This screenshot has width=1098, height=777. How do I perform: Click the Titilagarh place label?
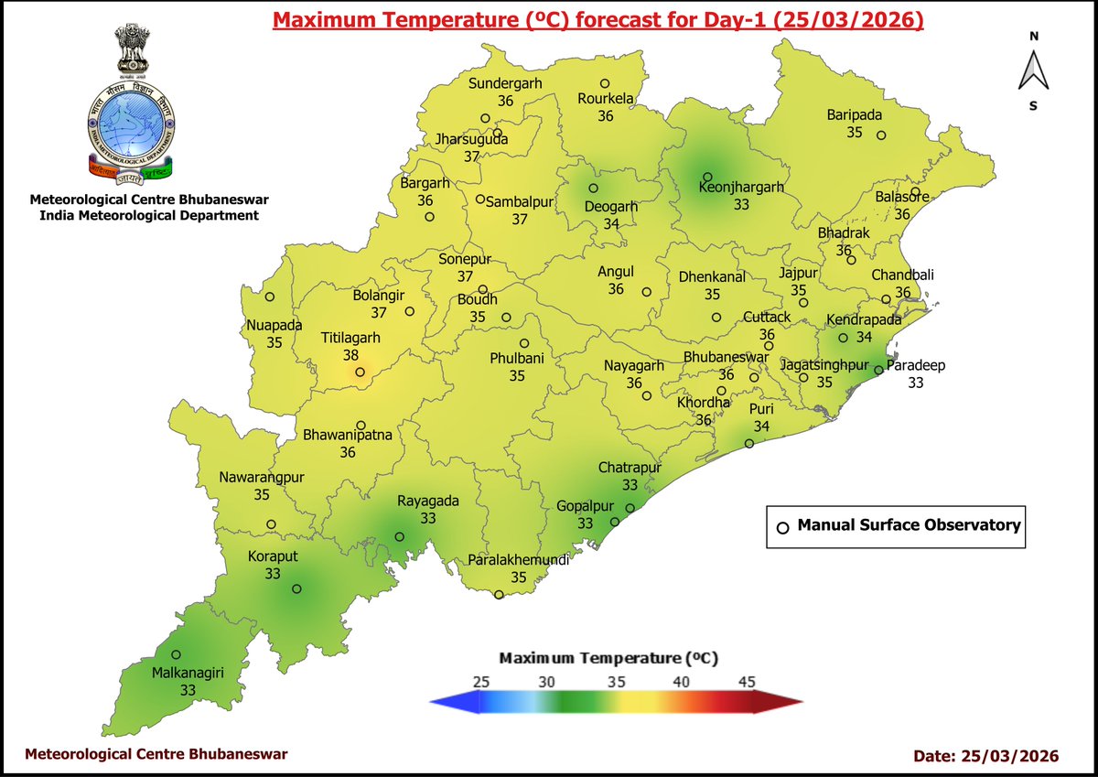click(350, 338)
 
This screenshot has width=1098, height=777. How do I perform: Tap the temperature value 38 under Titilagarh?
click(350, 354)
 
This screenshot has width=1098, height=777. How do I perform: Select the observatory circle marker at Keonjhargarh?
click(707, 177)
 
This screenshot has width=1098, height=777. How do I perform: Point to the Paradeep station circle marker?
click(877, 371)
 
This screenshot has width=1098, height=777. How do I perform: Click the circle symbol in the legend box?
click(782, 528)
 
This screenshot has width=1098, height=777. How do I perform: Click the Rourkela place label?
click(605, 100)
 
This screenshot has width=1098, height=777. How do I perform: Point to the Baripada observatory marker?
click(881, 135)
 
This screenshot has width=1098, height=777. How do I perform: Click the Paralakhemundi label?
click(518, 561)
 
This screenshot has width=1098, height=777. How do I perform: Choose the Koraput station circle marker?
click(296, 588)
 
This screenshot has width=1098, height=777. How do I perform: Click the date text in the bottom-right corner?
click(986, 756)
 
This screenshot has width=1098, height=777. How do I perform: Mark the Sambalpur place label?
click(520, 202)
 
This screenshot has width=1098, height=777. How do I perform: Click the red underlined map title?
click(598, 20)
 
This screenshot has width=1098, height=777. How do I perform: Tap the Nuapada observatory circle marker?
click(270, 297)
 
